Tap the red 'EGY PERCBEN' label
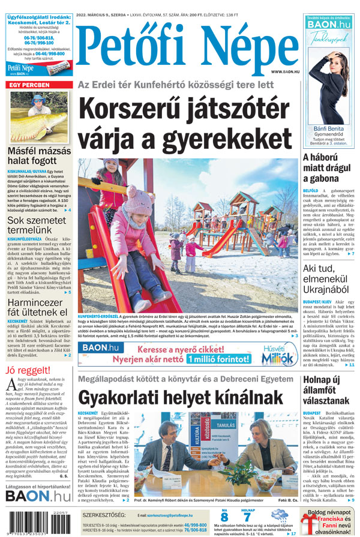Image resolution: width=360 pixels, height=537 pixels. click(30, 85)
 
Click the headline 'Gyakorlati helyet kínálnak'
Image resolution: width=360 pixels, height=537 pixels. click(180, 398)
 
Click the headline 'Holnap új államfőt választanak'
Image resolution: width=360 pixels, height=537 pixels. click(329, 389)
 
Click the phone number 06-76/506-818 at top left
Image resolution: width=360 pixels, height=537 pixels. click(38, 37)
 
